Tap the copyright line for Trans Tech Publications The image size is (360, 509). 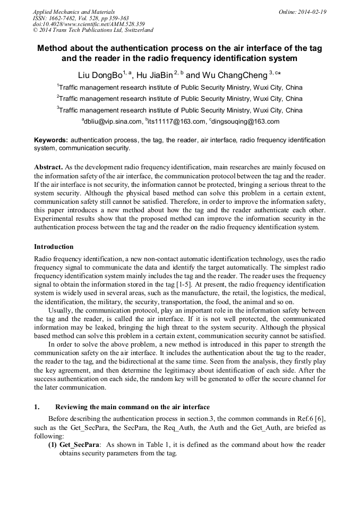click(93, 31)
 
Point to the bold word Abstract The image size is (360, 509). click(49, 167)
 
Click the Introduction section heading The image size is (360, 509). click(54, 246)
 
